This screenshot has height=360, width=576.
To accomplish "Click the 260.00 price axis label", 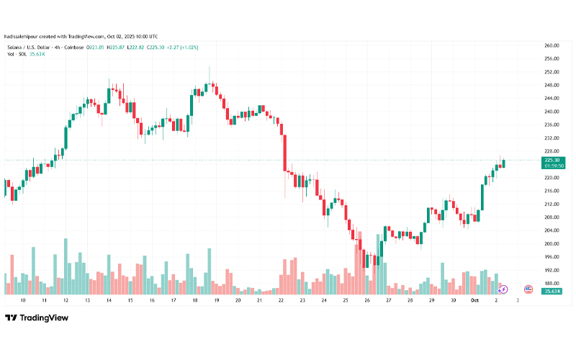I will click(x=552, y=45).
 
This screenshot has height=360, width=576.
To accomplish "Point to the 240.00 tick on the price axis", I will click(x=552, y=112).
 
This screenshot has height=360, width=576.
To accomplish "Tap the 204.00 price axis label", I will click(x=552, y=230).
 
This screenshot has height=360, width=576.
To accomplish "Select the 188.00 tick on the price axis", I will click(x=552, y=283).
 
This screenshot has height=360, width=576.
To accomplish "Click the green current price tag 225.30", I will click(x=553, y=160).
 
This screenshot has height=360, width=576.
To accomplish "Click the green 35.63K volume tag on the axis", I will click(x=553, y=290).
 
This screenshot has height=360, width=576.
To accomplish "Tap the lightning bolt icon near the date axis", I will click(x=503, y=289).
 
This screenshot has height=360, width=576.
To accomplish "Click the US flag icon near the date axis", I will click(x=528, y=289).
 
